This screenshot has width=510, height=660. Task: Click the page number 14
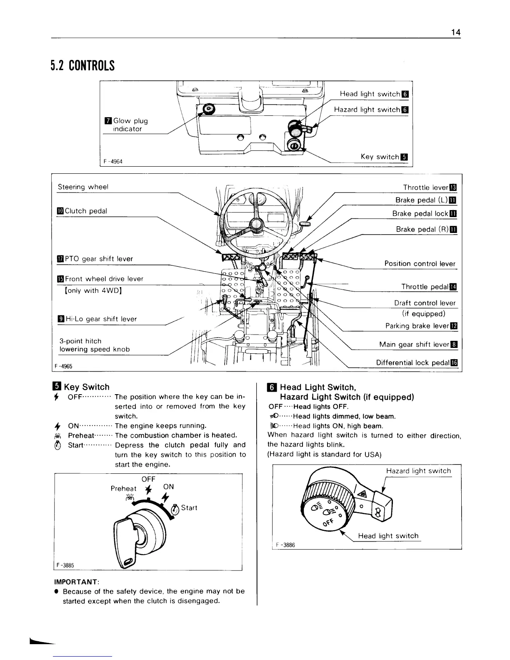455,32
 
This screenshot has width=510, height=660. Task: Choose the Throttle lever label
426,187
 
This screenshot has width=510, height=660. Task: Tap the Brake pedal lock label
421,214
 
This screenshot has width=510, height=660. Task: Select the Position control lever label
420,263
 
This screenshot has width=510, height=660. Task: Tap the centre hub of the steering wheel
255,225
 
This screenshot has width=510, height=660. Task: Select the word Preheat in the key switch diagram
123,488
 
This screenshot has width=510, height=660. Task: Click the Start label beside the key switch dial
189,507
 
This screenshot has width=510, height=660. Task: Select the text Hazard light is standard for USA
325,454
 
